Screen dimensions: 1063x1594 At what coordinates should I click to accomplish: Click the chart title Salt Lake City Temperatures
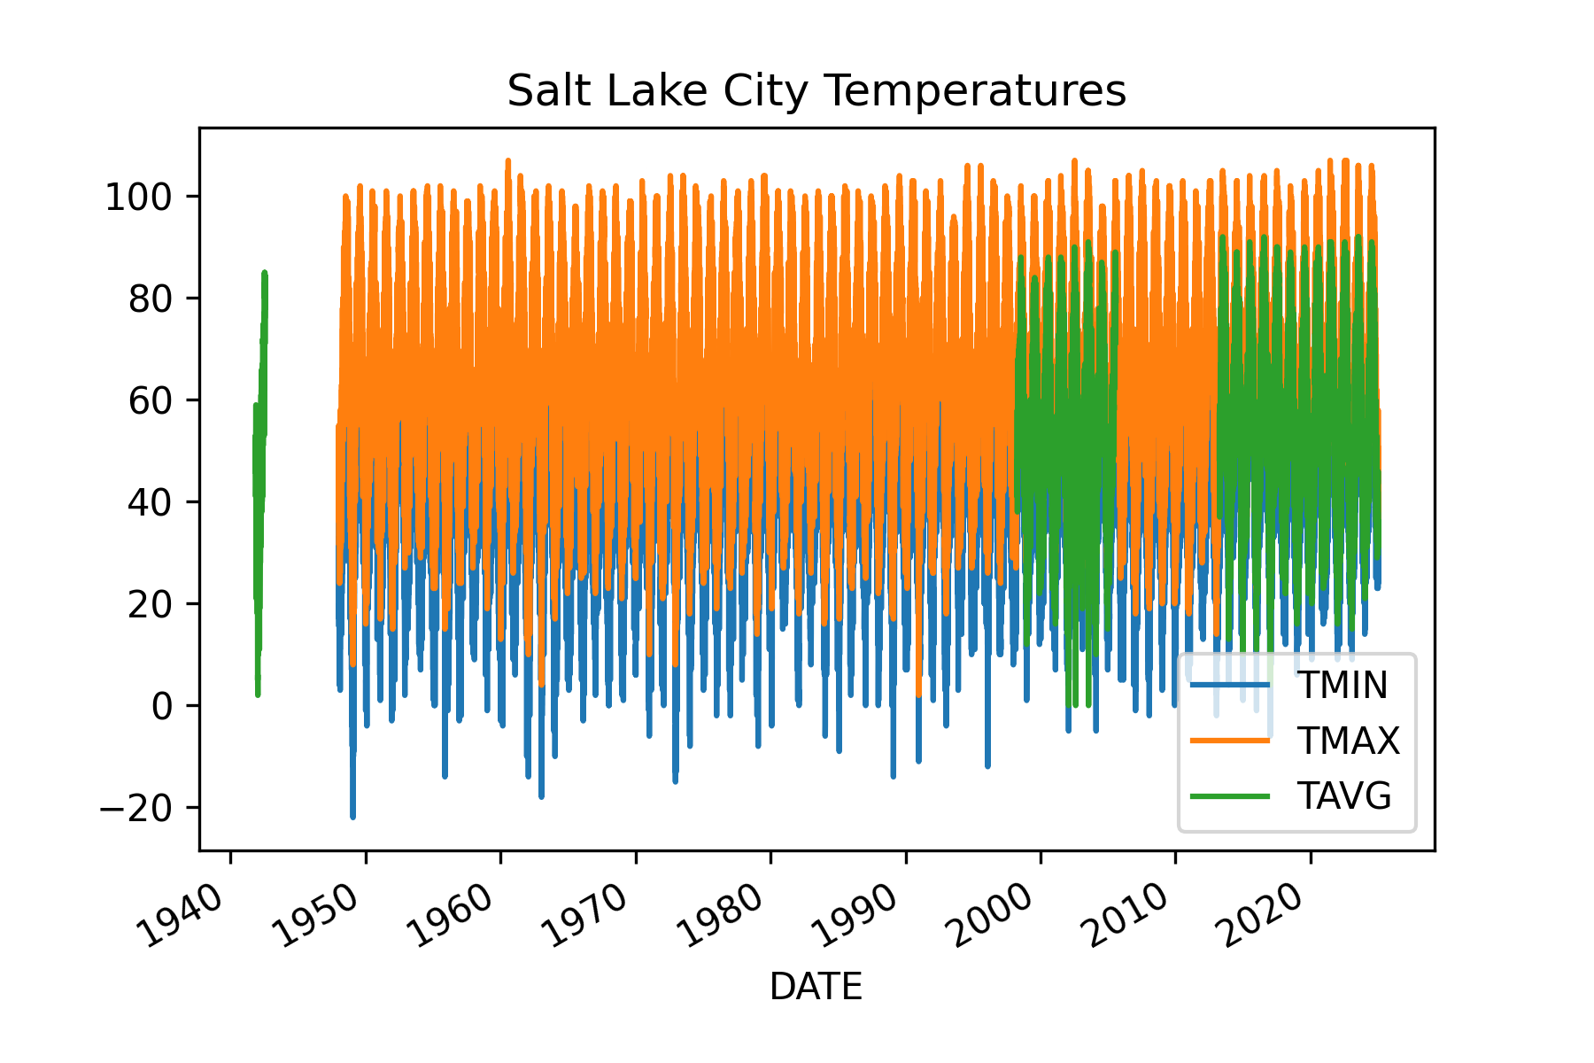[x=816, y=91]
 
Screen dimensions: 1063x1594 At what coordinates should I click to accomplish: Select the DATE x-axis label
[x=816, y=987]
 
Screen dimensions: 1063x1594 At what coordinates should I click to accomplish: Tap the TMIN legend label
[x=1342, y=686]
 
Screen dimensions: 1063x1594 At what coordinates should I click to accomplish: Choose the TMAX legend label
[x=1348, y=741]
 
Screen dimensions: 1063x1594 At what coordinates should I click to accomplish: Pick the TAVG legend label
[x=1343, y=796]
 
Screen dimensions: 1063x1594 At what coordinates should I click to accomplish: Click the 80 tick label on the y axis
[x=150, y=299]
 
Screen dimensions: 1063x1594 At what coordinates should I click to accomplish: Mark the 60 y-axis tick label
[x=150, y=400]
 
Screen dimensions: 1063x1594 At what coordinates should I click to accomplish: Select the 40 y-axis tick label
[x=150, y=502]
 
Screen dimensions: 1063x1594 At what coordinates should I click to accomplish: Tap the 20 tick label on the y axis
[x=150, y=604]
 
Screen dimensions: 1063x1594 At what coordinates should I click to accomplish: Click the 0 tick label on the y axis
[x=162, y=706]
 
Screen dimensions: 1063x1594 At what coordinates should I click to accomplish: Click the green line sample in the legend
[x=1229, y=796]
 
